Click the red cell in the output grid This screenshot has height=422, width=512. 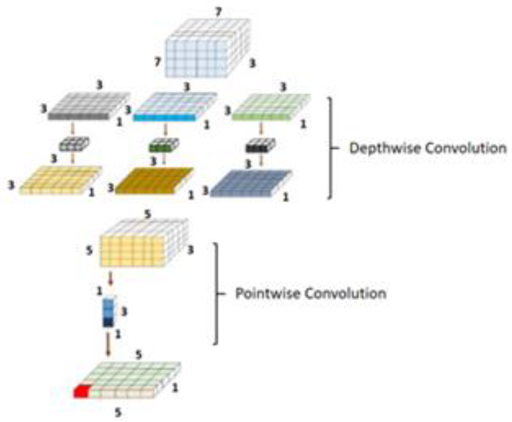click(82, 392)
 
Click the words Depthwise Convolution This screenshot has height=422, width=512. click(428, 148)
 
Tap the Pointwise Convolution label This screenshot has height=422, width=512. click(311, 293)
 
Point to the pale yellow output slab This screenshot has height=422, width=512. click(60, 180)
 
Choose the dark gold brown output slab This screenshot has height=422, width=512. click(154, 181)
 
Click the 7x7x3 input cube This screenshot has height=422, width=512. click(206, 50)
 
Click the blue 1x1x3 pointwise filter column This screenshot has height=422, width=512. click(108, 312)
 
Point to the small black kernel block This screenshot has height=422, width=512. click(260, 146)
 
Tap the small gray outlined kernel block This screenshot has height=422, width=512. click(74, 144)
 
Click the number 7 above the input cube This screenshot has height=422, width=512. click(218, 11)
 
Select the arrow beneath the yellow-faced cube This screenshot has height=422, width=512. click(111, 278)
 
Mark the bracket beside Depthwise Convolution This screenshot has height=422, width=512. click(331, 148)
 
